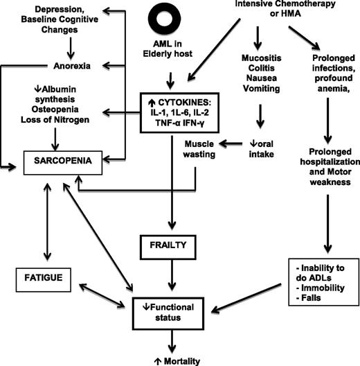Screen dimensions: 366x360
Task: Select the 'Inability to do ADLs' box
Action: (x=322, y=277)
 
